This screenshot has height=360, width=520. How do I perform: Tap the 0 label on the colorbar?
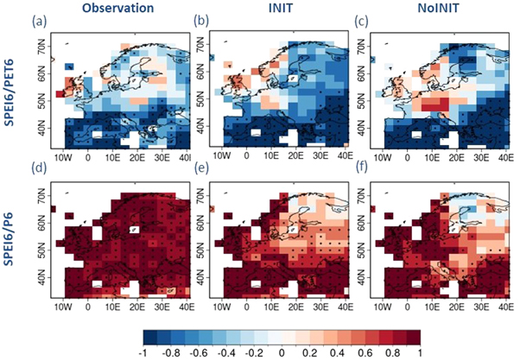(x=293, y=351)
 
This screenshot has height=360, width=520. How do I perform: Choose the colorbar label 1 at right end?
(x=459, y=351)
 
